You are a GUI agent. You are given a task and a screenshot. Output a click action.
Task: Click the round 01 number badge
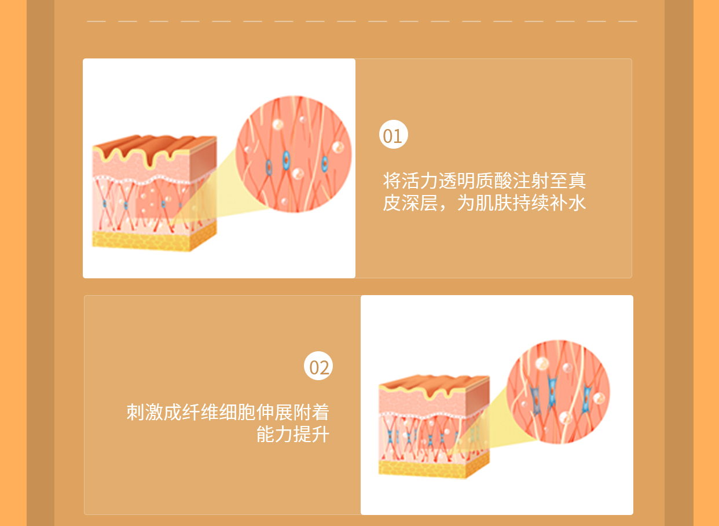393,134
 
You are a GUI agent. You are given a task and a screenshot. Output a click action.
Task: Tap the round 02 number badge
318,366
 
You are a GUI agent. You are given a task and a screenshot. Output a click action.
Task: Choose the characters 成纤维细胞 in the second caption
210,412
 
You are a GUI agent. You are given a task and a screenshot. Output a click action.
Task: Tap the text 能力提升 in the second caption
293,435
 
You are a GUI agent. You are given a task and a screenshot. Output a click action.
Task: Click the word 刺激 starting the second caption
145,412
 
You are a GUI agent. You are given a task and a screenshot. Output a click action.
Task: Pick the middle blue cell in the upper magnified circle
286,160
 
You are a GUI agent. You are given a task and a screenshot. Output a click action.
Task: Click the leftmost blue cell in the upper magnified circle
269,168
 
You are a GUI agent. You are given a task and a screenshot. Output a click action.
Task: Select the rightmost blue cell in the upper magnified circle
325,163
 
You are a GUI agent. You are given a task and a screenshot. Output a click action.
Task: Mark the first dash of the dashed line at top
96,21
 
